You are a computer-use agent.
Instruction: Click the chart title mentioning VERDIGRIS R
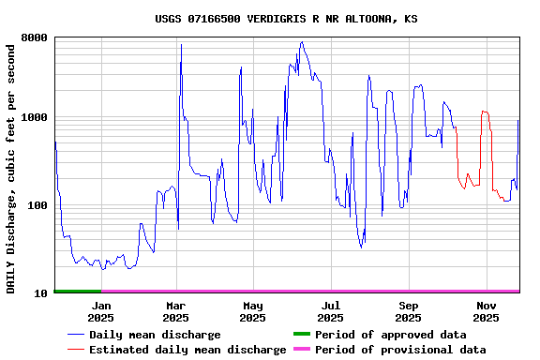click(x=286, y=19)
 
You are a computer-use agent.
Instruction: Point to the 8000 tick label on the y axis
click(x=34, y=38)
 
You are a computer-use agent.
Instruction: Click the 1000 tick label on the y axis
click(x=34, y=118)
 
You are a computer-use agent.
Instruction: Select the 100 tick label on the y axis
click(x=37, y=205)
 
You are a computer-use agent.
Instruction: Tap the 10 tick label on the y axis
click(x=40, y=293)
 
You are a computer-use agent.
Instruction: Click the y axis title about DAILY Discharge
click(x=11, y=167)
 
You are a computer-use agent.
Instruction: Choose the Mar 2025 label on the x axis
click(x=176, y=311)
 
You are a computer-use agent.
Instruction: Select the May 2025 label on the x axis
click(x=253, y=311)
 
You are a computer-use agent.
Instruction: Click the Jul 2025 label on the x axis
click(x=330, y=311)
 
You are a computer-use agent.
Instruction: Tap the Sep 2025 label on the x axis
click(x=408, y=311)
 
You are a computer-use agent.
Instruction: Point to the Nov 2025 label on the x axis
click(x=486, y=311)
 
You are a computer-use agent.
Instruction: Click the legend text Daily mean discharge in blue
click(x=155, y=335)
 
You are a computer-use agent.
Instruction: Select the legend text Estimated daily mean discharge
click(x=187, y=350)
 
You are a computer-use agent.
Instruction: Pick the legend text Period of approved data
click(x=391, y=335)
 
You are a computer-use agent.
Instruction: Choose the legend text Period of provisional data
click(x=400, y=350)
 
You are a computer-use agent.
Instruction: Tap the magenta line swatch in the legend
click(x=301, y=350)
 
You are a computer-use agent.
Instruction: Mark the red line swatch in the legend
click(x=75, y=350)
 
